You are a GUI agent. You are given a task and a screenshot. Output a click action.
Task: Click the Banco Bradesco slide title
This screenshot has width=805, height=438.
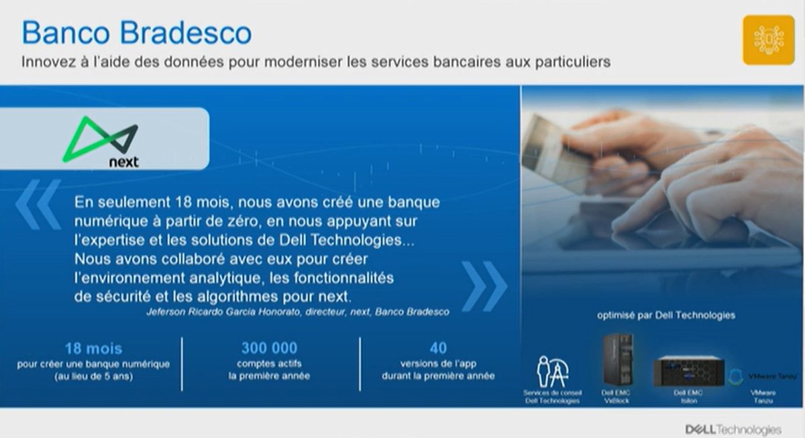click(x=137, y=32)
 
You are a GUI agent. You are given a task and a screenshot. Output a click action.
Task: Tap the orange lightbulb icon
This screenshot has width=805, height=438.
click(x=768, y=40)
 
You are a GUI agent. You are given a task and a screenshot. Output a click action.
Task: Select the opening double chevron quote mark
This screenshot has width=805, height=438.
click(x=38, y=204)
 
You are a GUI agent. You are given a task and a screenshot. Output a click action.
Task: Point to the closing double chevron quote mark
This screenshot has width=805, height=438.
click(x=484, y=286)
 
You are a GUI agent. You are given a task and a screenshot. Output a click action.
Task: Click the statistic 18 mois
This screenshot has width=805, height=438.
click(x=93, y=349)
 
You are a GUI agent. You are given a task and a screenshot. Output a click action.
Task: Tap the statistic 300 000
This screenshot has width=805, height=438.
click(x=269, y=348)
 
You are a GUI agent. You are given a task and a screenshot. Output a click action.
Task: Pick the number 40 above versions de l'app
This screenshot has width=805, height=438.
click(x=438, y=348)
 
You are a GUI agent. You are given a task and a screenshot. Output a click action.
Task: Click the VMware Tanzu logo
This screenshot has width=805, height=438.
click(x=761, y=376)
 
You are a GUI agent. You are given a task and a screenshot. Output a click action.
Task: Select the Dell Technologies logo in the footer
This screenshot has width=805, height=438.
click(x=733, y=429)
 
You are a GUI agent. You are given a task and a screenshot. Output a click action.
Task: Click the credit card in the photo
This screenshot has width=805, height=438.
click(x=547, y=147)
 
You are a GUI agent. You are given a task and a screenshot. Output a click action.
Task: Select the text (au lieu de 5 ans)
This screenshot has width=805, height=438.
click(x=93, y=376)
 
